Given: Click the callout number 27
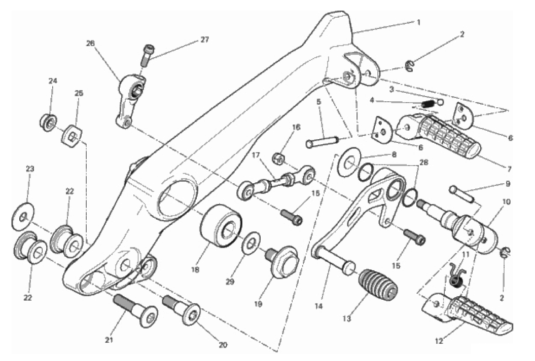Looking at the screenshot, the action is point(204,39).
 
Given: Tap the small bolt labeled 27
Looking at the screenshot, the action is point(147,56).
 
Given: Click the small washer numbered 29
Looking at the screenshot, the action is point(252,243).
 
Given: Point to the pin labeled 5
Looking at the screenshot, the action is point(323,142).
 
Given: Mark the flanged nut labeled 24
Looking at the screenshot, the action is point(49,122).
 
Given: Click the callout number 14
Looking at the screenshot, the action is point(318,306).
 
